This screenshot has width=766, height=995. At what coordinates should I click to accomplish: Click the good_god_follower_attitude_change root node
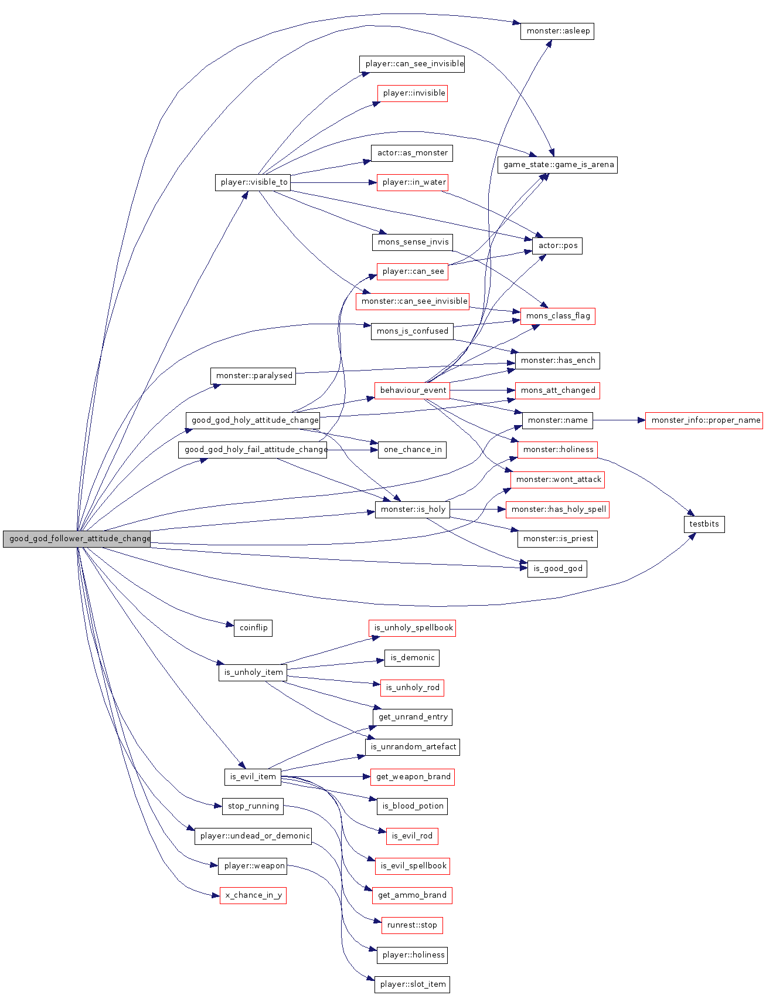(77, 539)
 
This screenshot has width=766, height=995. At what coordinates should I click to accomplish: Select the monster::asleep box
(557, 31)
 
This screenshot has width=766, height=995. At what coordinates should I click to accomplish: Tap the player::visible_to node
(253, 182)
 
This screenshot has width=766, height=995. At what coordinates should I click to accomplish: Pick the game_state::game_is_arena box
(557, 165)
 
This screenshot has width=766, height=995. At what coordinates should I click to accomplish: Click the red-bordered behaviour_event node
(413, 390)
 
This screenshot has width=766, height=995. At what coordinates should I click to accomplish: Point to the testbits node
(703, 524)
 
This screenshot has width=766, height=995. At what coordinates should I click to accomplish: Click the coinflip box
(253, 628)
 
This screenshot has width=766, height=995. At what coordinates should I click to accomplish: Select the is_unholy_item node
(253, 673)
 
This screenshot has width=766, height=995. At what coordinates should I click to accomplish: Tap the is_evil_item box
(253, 777)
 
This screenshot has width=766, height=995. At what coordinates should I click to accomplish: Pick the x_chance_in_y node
(253, 895)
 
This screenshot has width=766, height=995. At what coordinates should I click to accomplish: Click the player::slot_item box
(413, 984)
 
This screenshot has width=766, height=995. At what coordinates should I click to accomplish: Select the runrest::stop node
(412, 925)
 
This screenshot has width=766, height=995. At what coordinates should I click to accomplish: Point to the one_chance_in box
(413, 450)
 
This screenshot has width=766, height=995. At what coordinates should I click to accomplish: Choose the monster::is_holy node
(413, 510)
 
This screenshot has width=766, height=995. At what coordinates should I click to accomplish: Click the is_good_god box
(557, 569)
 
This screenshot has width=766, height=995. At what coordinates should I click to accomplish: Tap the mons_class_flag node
(557, 316)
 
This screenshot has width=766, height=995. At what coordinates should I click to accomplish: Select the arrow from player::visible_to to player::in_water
(333, 182)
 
